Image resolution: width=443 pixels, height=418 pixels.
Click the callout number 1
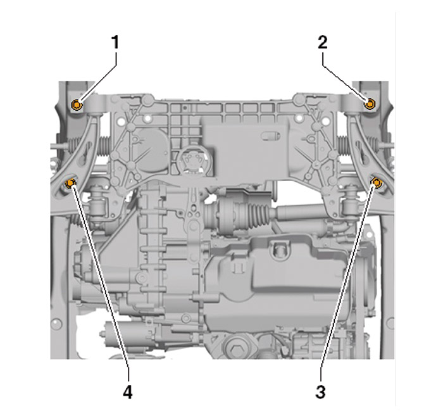(115, 42)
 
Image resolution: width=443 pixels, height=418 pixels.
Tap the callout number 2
(323, 42)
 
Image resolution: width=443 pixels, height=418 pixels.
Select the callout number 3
(320, 392)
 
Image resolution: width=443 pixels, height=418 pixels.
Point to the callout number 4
(128, 392)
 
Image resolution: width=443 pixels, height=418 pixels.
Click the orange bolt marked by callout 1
(77, 105)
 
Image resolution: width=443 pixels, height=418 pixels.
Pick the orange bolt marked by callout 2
(370, 104)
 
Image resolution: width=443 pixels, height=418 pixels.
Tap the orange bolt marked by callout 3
(377, 182)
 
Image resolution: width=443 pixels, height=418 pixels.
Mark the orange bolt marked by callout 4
(69, 184)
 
